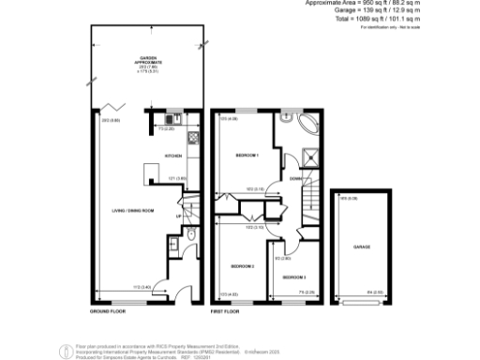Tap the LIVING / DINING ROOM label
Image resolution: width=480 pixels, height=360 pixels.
129,211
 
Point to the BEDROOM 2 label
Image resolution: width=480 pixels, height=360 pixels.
244,266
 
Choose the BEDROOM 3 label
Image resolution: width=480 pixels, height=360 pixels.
293,277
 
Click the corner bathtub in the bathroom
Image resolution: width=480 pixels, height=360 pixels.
307,129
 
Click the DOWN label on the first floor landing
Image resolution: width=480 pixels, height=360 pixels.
294,177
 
